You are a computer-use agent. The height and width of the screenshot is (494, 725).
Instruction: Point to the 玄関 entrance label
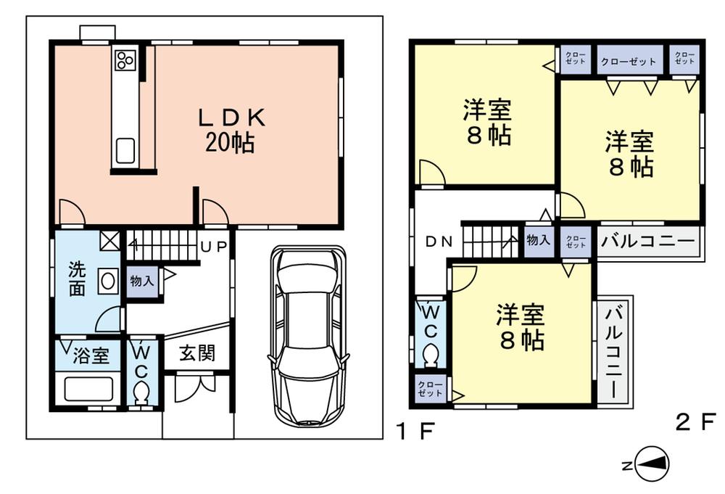coord(196,353)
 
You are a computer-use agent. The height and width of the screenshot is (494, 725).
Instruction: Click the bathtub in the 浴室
coord(88,389)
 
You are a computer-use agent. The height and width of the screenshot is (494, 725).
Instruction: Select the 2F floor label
coord(695,422)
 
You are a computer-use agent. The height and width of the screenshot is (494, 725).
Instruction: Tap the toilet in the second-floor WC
coord(430,356)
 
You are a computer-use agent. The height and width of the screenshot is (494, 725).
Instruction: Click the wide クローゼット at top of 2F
coord(629,61)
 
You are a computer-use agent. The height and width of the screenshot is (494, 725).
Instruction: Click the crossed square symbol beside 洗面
coord(109,239)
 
